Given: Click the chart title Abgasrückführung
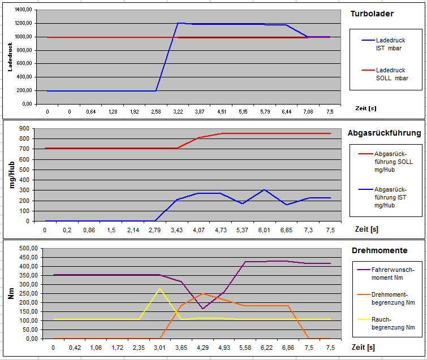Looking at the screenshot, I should (384, 133).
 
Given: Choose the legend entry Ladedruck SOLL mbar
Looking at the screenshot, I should (391, 74).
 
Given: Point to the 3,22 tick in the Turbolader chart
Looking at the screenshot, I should (178, 112).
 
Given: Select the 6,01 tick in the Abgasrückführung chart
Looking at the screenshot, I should (264, 230).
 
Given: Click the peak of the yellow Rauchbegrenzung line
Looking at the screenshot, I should (159, 289).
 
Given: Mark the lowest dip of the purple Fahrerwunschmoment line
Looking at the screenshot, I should (202, 309).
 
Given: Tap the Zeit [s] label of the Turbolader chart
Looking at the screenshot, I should (366, 108).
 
